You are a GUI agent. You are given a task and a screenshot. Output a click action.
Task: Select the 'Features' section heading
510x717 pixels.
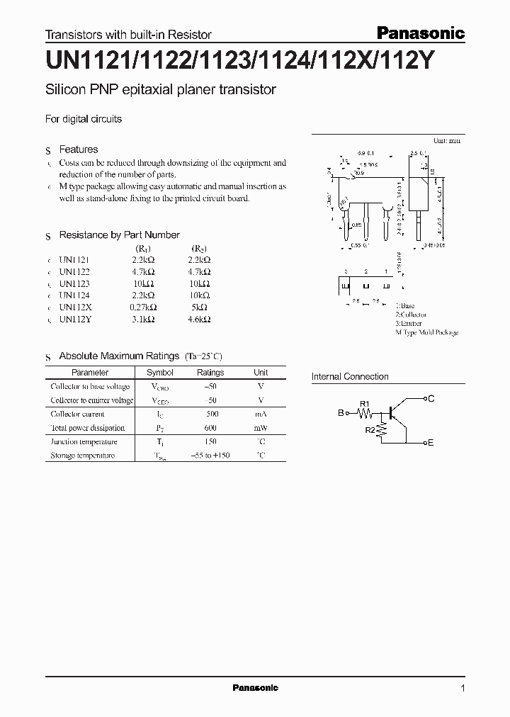(x=79, y=149)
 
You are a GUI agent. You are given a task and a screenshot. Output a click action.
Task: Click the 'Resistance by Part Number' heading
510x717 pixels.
(x=119, y=235)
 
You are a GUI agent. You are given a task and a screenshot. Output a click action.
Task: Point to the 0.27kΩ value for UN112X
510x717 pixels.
(x=143, y=307)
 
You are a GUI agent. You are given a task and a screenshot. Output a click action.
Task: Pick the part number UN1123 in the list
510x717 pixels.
(x=74, y=283)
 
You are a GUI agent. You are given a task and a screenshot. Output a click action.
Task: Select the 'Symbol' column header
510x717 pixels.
(x=159, y=372)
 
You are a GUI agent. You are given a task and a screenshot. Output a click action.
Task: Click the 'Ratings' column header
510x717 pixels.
(x=210, y=372)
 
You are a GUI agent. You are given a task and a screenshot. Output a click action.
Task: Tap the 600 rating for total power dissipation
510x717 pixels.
(x=210, y=428)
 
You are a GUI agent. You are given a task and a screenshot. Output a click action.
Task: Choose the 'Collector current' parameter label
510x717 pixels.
(x=77, y=414)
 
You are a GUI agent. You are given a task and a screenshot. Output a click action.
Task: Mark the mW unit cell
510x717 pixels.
(x=261, y=428)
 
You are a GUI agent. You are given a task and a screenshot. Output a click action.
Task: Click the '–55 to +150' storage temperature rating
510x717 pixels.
(x=210, y=456)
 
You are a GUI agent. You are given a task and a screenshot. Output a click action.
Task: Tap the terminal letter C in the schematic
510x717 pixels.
(x=431, y=399)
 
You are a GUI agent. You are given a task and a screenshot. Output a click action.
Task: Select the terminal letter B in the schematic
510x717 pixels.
(x=340, y=412)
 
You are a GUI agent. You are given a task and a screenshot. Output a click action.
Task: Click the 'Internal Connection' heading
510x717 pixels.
(x=350, y=377)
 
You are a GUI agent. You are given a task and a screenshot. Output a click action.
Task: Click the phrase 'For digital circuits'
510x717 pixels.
(x=84, y=119)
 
